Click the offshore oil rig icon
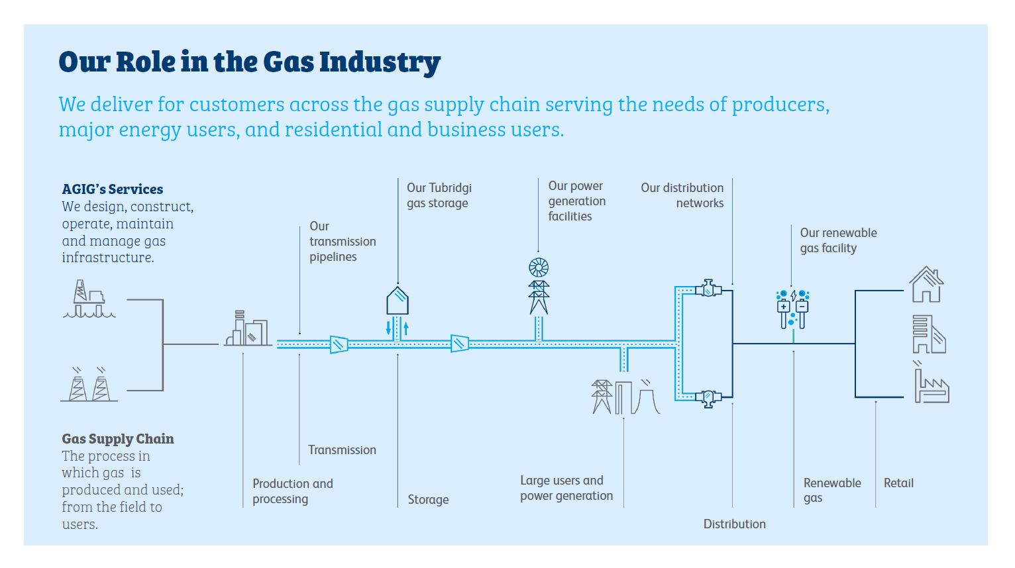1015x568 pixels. click(x=89, y=300)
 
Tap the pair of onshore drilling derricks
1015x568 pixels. click(x=89, y=385)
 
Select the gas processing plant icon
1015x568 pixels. click(x=248, y=329)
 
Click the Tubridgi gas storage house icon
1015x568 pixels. click(x=398, y=301)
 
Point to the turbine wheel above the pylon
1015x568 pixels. click(x=539, y=267)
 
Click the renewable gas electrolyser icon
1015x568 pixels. click(x=792, y=308)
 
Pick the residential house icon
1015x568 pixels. click(x=926, y=285)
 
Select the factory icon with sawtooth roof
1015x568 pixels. click(x=932, y=387)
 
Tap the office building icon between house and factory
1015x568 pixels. click(x=928, y=334)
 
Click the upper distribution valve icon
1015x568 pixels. click(x=708, y=289)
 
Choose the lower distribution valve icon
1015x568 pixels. click(x=708, y=398)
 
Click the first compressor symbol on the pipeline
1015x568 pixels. click(x=339, y=344)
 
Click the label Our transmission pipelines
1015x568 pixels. click(x=342, y=242)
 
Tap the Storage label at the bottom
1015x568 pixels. click(x=428, y=500)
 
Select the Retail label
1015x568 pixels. click(x=898, y=483)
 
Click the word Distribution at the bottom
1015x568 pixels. click(x=734, y=524)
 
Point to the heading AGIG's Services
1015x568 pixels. click(x=112, y=189)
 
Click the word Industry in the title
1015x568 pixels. click(x=380, y=62)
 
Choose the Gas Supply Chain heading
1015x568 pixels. click(x=118, y=439)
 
